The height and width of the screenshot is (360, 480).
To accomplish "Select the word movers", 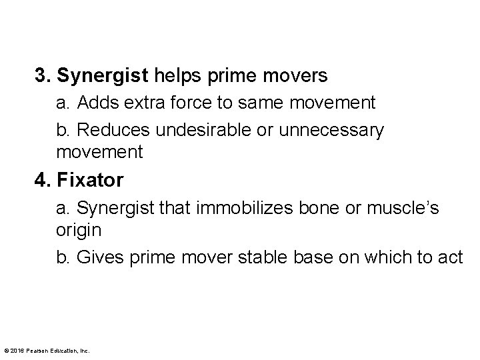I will point(299,76).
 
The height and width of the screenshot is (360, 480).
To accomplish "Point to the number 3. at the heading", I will point(44,76).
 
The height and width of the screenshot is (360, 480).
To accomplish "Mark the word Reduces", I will point(105,130).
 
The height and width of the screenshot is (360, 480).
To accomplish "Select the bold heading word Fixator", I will point(89,181).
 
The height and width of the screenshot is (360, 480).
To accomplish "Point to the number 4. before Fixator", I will point(44,181).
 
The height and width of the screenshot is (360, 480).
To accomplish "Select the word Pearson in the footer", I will point(37,350).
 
